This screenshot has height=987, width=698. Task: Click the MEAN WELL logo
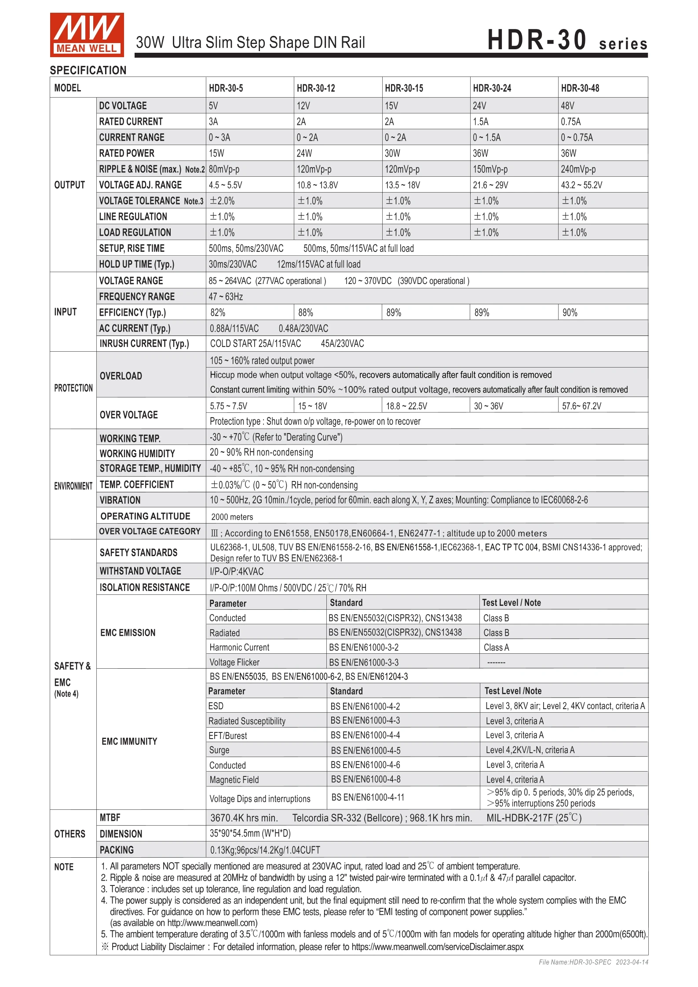[x=87, y=35]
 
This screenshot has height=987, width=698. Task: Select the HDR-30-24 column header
[x=492, y=88]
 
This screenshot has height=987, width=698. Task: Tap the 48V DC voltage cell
[x=567, y=106]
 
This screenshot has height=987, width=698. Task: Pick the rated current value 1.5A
[x=480, y=121]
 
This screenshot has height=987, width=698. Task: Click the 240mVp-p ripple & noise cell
[x=578, y=169]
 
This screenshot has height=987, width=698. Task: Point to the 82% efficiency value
[x=218, y=313]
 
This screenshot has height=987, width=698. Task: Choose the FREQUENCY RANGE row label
[x=137, y=297]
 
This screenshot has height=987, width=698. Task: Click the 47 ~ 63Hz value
[x=226, y=297]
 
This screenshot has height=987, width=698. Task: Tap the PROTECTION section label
[x=73, y=388]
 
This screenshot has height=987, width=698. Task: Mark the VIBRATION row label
[x=120, y=500]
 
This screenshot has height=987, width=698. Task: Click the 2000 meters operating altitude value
[x=232, y=517]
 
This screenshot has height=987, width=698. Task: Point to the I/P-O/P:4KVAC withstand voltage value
[x=237, y=572]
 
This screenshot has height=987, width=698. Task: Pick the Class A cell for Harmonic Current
[x=496, y=648]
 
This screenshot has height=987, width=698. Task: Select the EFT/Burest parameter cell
[x=227, y=736]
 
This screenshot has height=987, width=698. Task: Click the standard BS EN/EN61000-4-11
[x=368, y=798]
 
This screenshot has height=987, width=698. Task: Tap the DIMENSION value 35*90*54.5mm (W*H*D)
[x=250, y=834]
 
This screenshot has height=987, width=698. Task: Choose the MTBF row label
[x=110, y=818]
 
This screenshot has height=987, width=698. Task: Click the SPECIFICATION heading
[x=88, y=70]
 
